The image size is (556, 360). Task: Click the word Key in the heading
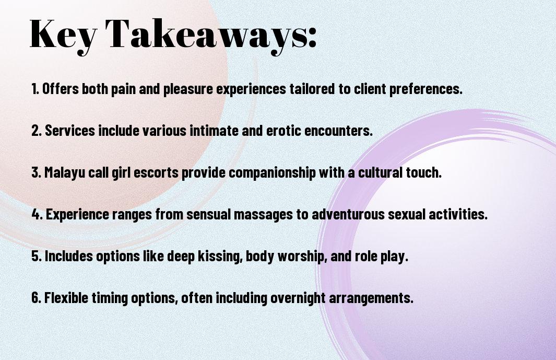pyautogui.click(x=63, y=35)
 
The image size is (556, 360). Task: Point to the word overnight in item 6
pyautogui.click(x=298, y=298)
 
